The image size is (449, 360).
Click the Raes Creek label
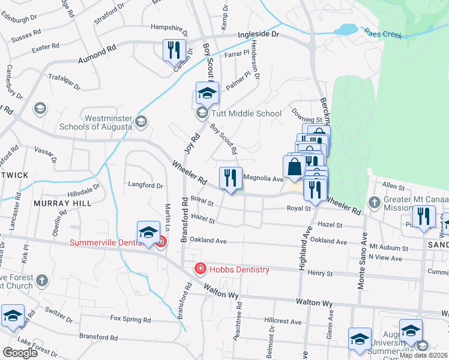tap(382, 35)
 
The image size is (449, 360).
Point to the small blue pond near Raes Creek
tap(346, 29)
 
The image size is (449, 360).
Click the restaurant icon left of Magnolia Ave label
tap(231, 178)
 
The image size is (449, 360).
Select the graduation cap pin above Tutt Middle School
tap(206, 94)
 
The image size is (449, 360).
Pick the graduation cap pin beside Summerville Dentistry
tap(148, 233)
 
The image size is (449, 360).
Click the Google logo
tap(20, 353)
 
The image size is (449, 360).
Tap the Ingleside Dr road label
tap(259, 35)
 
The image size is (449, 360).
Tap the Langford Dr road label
tap(145, 185)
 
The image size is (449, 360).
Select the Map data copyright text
tap(423, 355)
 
